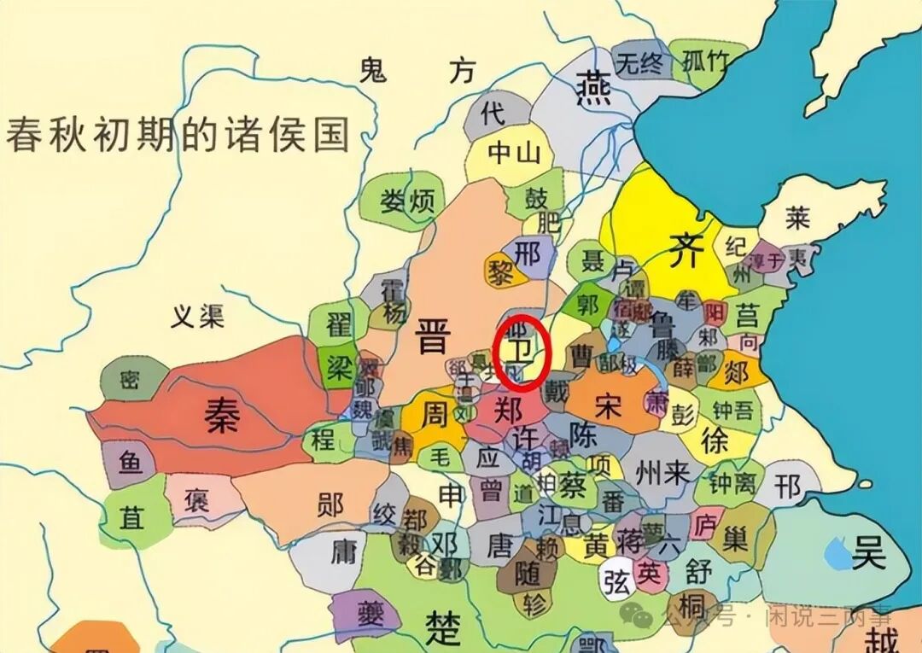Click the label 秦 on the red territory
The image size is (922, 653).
coord(220,416)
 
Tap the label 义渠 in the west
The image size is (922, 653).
coord(197,317)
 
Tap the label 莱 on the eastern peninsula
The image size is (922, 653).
coord(797,218)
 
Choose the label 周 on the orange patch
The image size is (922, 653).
coord(435,415)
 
